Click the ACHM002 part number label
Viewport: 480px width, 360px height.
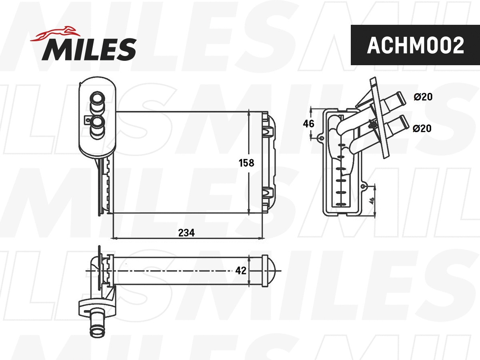(415, 45)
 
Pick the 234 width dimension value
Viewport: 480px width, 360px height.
(186, 232)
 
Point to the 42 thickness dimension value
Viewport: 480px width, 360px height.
(240, 271)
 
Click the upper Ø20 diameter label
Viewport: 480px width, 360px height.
(423, 97)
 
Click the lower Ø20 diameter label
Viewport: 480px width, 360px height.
(423, 128)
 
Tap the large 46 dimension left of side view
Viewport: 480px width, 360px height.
(308, 124)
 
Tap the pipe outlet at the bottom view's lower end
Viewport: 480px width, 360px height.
(96, 326)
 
